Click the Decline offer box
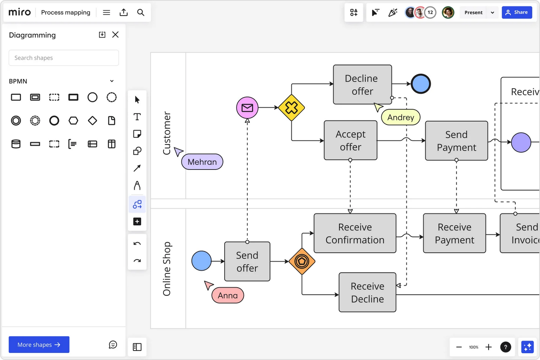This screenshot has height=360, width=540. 362,85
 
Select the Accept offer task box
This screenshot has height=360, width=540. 350,140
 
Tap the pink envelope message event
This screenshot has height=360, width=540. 247,108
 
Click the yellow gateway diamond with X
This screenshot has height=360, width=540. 291,108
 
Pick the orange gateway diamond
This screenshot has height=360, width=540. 302,261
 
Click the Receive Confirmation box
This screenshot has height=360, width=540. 355,233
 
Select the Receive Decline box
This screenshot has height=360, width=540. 367,292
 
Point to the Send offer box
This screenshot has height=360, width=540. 247,261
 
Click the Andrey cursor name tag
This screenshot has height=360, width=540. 400,117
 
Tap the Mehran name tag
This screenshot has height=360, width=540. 202,162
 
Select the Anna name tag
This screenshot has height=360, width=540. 228,295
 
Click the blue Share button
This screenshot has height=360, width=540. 517,12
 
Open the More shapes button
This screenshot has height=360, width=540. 39,345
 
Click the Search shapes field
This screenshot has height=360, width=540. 64,58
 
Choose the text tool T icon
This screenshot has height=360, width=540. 137,117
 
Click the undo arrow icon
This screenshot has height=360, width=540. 137,244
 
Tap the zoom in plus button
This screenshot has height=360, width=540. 488,347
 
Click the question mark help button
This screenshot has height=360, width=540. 505,347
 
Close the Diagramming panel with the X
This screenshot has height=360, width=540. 115,34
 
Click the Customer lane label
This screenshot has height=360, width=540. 167,133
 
